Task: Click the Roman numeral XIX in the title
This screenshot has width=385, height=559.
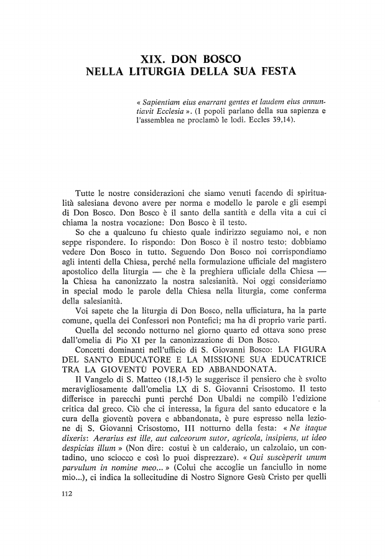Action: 156,62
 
